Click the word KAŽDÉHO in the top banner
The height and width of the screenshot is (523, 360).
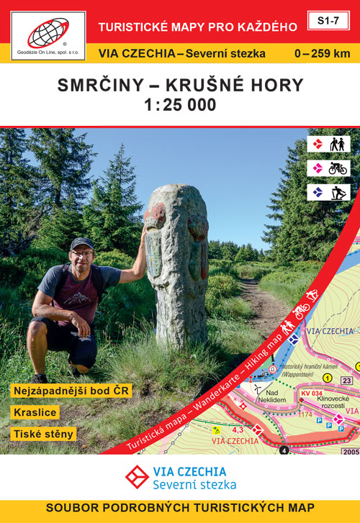pos(266,27)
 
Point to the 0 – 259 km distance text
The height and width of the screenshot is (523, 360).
pos(322,53)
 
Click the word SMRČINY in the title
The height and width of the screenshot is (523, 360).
pos(96,84)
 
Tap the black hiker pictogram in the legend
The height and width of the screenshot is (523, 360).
pos(338,144)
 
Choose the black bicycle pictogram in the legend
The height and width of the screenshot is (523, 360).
pos(338,168)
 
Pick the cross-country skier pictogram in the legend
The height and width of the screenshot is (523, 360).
pos(338,192)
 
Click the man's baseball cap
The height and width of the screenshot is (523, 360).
pos(82,243)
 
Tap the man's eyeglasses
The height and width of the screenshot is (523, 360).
pos(82,253)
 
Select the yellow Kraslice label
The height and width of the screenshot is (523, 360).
pos(35,413)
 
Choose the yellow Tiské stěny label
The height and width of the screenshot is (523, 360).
pos(43,435)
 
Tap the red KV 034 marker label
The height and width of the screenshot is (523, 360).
pos(310,393)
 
